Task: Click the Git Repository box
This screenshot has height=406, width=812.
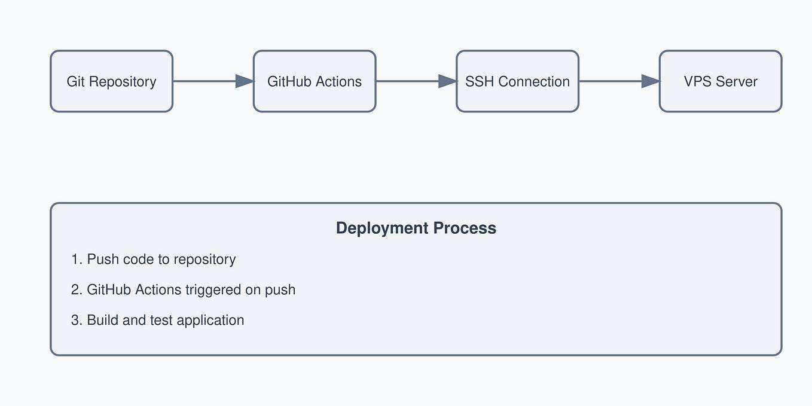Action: (111, 81)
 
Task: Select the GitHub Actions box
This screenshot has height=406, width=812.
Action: (315, 81)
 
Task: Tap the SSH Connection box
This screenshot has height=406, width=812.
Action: (517, 81)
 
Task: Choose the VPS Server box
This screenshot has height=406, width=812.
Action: (721, 81)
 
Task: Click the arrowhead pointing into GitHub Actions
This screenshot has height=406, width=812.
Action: (245, 81)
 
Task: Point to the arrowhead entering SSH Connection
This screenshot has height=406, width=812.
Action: (448, 81)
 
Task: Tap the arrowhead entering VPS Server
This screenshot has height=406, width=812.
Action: (651, 81)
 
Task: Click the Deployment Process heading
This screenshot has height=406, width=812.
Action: (416, 228)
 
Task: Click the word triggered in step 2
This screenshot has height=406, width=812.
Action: (213, 290)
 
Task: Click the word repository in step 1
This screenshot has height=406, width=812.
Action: (204, 260)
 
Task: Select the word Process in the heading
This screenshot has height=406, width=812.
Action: (465, 228)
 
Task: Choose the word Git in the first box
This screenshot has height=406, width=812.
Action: (76, 81)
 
